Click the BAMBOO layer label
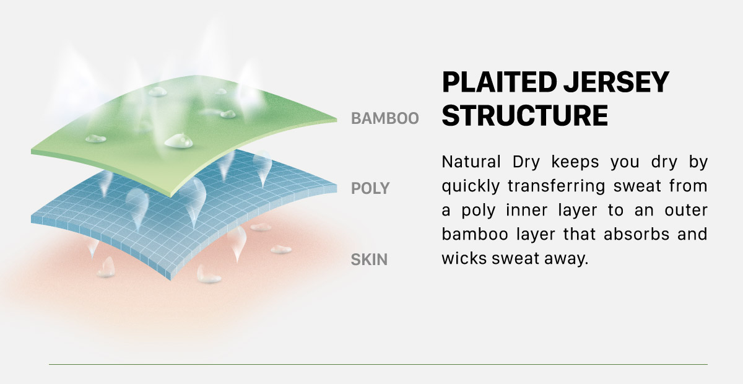coord(385,118)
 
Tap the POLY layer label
coord(370,188)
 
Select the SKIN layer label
coord(369,260)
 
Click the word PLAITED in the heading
coord(499,82)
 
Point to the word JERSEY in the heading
coord(616,82)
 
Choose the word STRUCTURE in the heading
coord(525,115)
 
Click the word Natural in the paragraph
coord(471,162)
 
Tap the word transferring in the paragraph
coord(557,186)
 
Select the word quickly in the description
coord(471,186)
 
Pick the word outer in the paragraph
coord(686,211)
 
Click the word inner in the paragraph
coord(527,210)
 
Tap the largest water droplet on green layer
coord(178,141)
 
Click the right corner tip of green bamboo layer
coord(337,120)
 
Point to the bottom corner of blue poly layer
coord(170,280)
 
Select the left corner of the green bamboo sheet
coord(32,152)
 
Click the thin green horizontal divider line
coord(378,364)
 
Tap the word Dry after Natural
coord(526,163)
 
